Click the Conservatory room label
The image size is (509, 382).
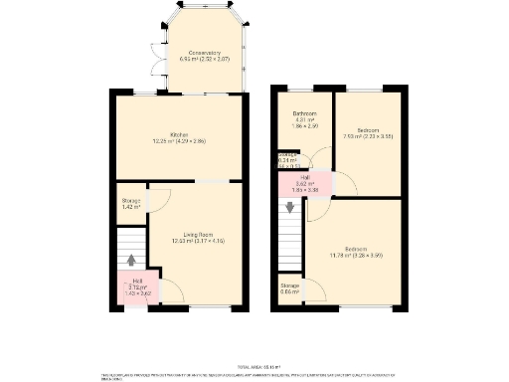click(206, 52)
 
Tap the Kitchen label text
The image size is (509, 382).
click(179, 134)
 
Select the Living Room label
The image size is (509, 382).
click(194, 235)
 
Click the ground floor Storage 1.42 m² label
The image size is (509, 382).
click(130, 203)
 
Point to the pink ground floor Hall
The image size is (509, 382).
click(135, 287)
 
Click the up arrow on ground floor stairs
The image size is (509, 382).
click(131, 261)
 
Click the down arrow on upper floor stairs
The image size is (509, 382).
click(290, 208)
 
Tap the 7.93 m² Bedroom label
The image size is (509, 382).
click(368, 130)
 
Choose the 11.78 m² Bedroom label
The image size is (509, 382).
click(355, 249)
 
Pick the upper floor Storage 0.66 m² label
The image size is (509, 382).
click(289, 287)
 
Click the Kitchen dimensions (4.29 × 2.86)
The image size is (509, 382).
click(179, 141)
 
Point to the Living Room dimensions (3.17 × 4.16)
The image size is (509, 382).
click(194, 242)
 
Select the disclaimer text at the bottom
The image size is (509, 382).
click(254, 376)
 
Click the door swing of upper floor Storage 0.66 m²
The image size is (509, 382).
click(314, 290)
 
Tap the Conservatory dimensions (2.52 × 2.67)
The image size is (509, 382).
click(206, 59)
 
